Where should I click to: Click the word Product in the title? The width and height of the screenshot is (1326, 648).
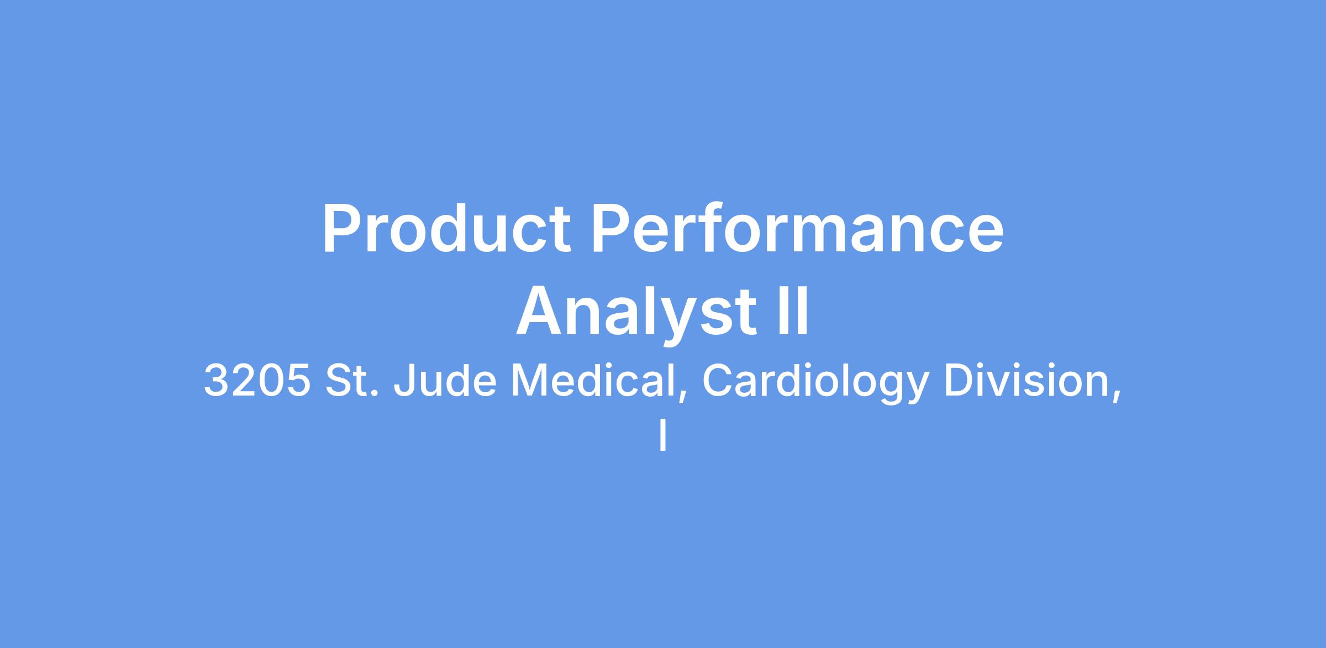[x=446, y=228]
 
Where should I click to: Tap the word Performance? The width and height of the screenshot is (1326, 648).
[x=797, y=228]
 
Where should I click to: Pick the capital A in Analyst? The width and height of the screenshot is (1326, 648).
[x=538, y=311]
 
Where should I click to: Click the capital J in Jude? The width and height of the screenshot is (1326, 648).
[x=404, y=380]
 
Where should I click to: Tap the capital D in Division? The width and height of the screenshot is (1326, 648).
[x=957, y=380]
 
